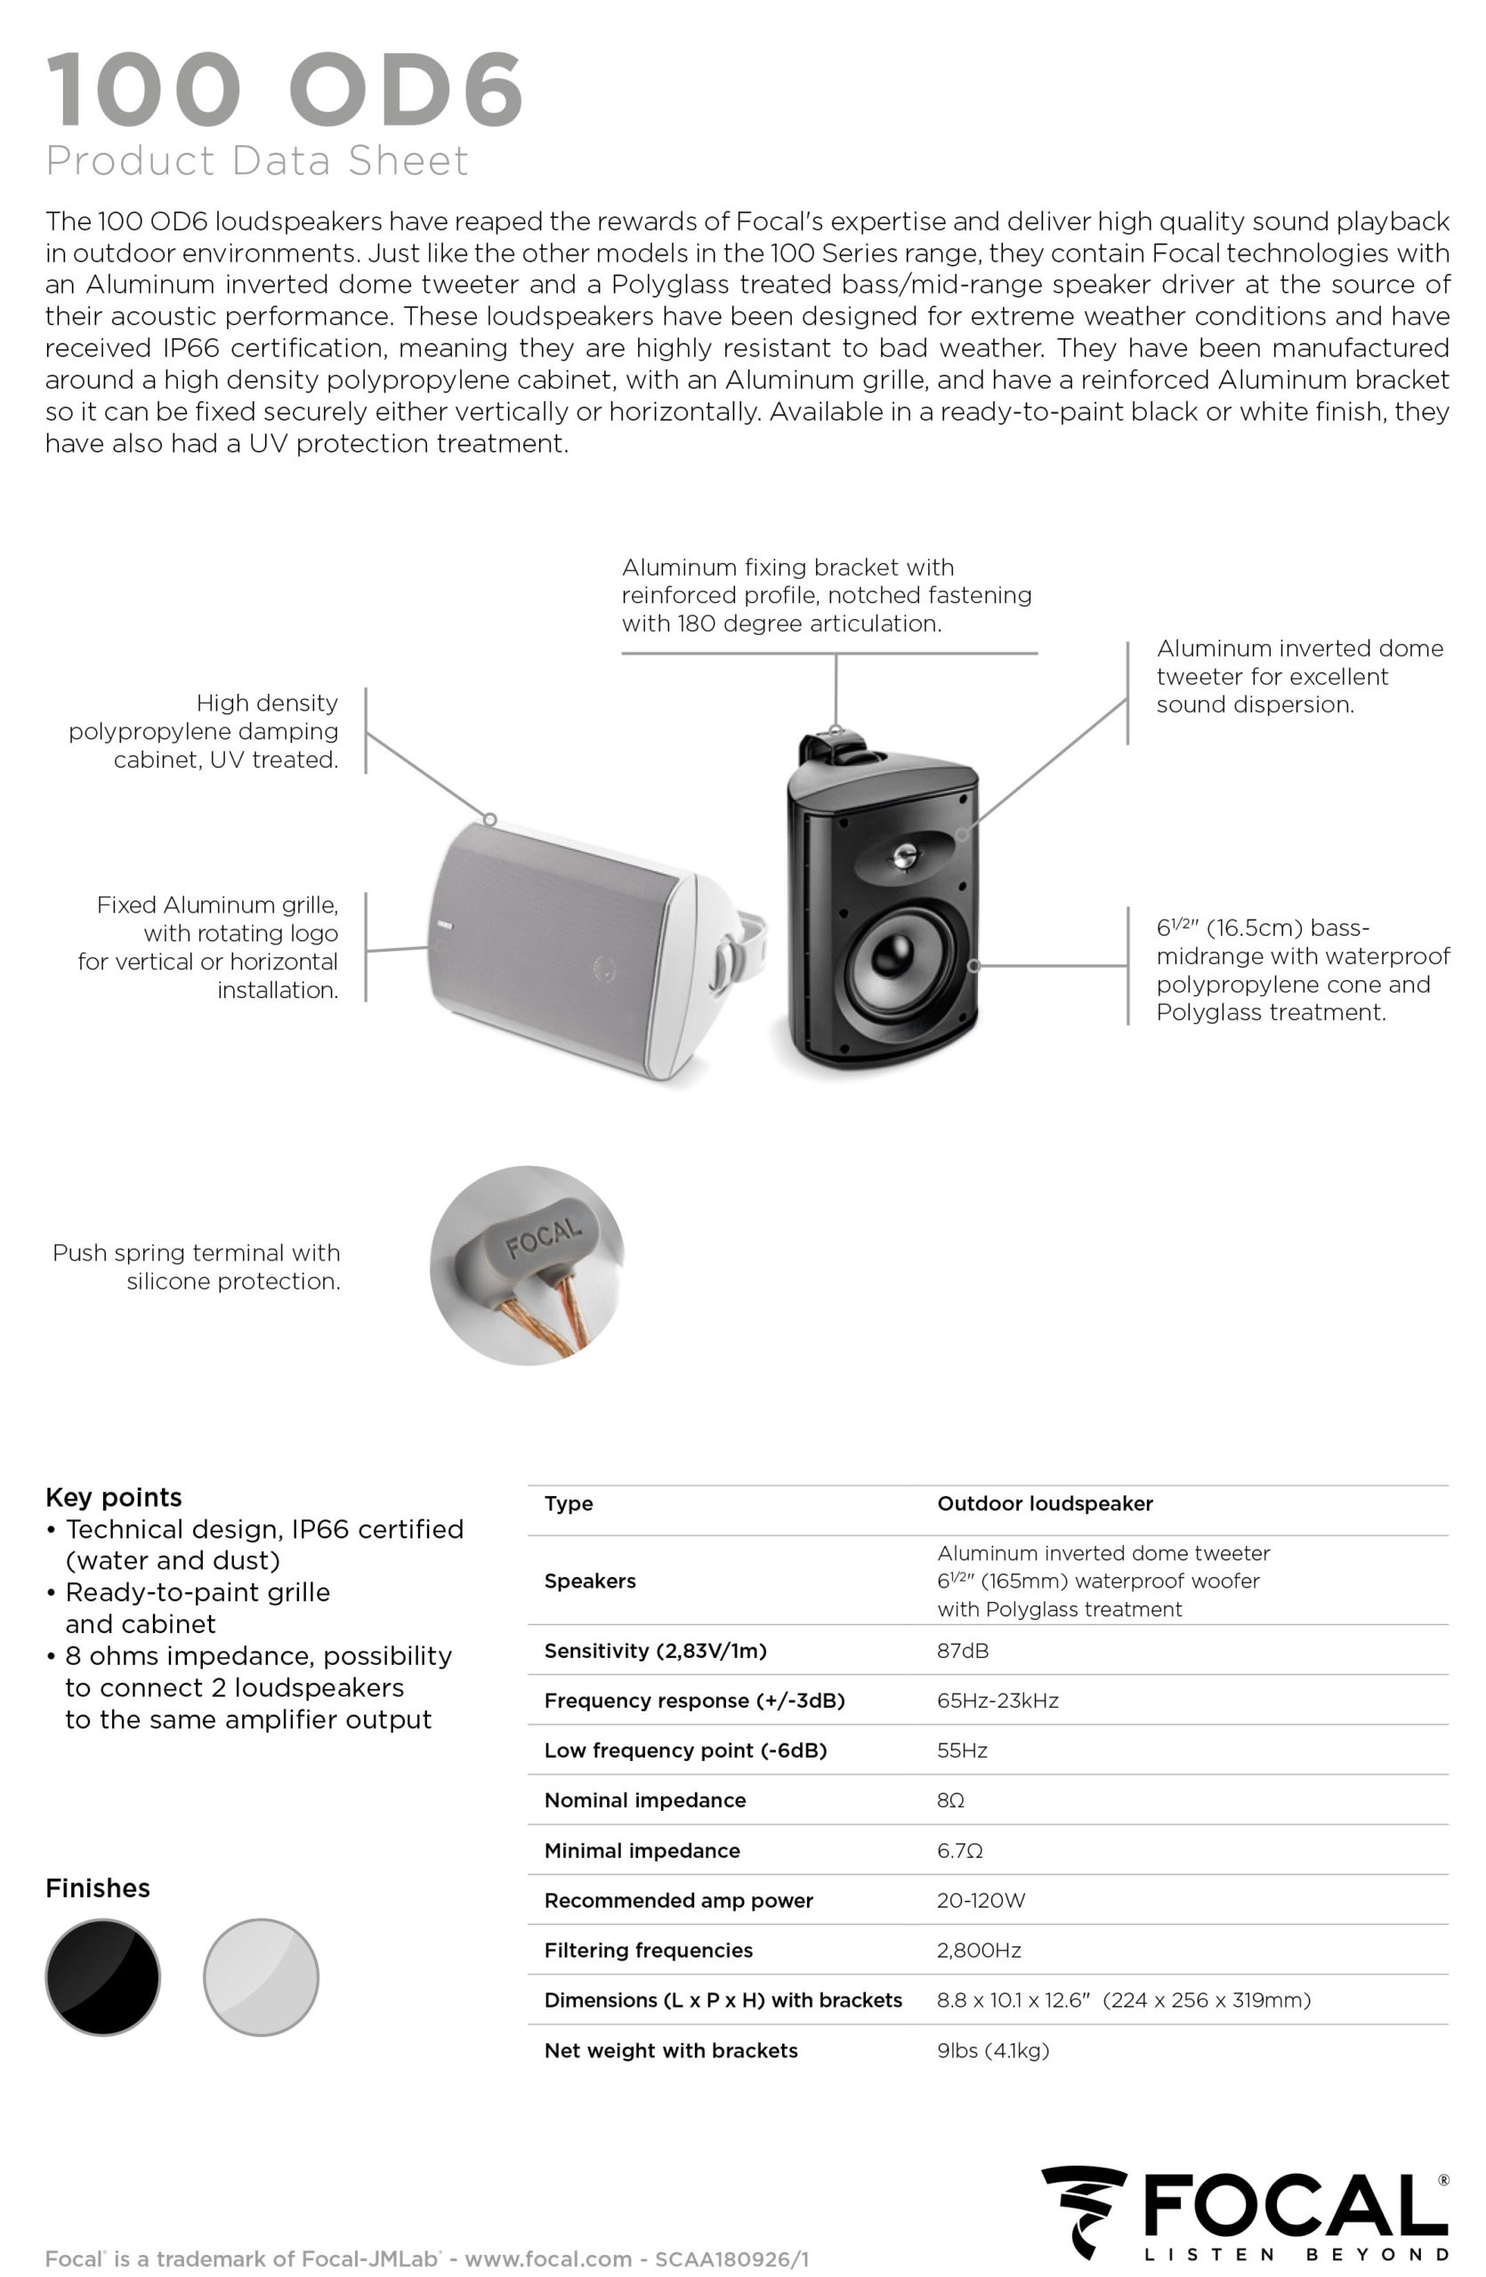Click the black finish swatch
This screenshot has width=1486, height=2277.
point(102,1976)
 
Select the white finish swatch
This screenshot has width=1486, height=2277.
point(260,1976)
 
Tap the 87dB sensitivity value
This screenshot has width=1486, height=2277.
point(963,1650)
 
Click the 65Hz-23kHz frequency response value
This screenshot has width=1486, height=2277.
point(997,1700)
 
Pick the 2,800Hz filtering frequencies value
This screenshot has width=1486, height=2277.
point(979,1950)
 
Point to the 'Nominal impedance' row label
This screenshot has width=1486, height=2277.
point(644,1799)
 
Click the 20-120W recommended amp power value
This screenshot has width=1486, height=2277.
point(981,1900)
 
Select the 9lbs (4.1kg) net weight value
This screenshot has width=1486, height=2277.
point(992,2050)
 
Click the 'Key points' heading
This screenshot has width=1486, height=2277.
point(113,1497)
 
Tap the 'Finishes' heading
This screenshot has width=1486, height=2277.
point(98,1887)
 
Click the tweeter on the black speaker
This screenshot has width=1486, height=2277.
point(903,856)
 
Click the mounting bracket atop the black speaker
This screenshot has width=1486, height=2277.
point(835,746)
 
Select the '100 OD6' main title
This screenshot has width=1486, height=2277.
point(284,90)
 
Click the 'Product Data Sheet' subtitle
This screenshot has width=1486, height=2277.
point(256,161)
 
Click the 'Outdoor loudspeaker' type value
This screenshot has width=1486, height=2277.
point(1045,1503)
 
